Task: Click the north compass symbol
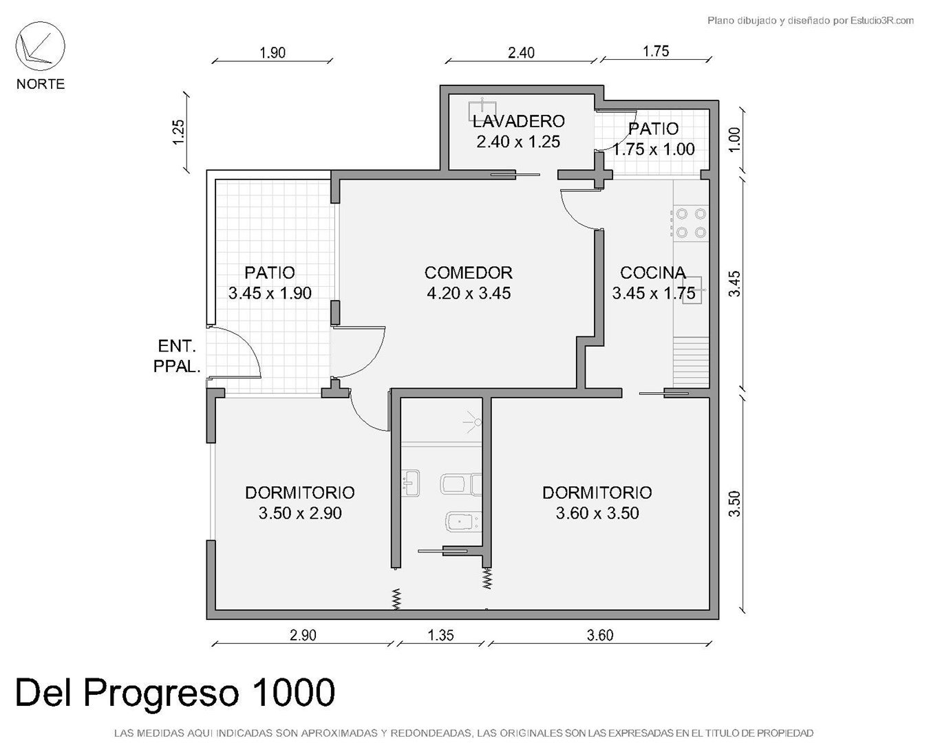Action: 40,46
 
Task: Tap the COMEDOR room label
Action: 469,273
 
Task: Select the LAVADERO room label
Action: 518,121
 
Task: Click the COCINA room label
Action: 653,273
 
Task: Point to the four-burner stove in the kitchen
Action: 691,223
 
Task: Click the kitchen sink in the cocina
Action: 693,290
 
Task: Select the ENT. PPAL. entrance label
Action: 177,356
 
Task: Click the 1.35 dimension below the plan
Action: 440,635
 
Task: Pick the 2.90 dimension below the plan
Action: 303,635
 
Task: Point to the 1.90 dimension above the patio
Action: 273,53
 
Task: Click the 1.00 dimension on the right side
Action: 734,140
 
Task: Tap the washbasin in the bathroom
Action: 411,483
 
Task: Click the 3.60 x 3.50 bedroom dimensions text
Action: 597,513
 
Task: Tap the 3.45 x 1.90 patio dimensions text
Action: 270,294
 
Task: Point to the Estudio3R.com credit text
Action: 882,20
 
